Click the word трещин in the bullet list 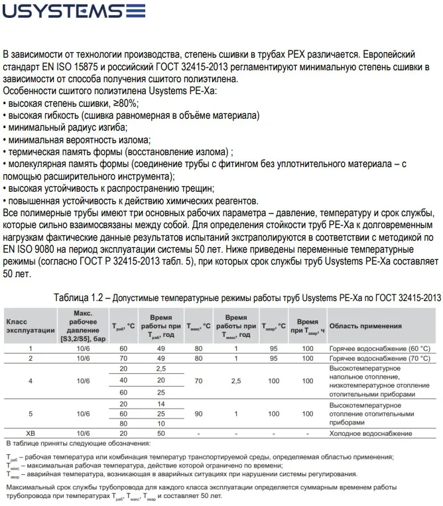pyautogui.click(x=194, y=189)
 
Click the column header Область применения pyautogui.click(x=365, y=326)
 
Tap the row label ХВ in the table pyautogui.click(x=30, y=432)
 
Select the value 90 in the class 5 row pyautogui.click(x=198, y=413)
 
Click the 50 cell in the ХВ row pyautogui.click(x=161, y=432)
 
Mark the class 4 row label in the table pyautogui.click(x=30, y=381)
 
